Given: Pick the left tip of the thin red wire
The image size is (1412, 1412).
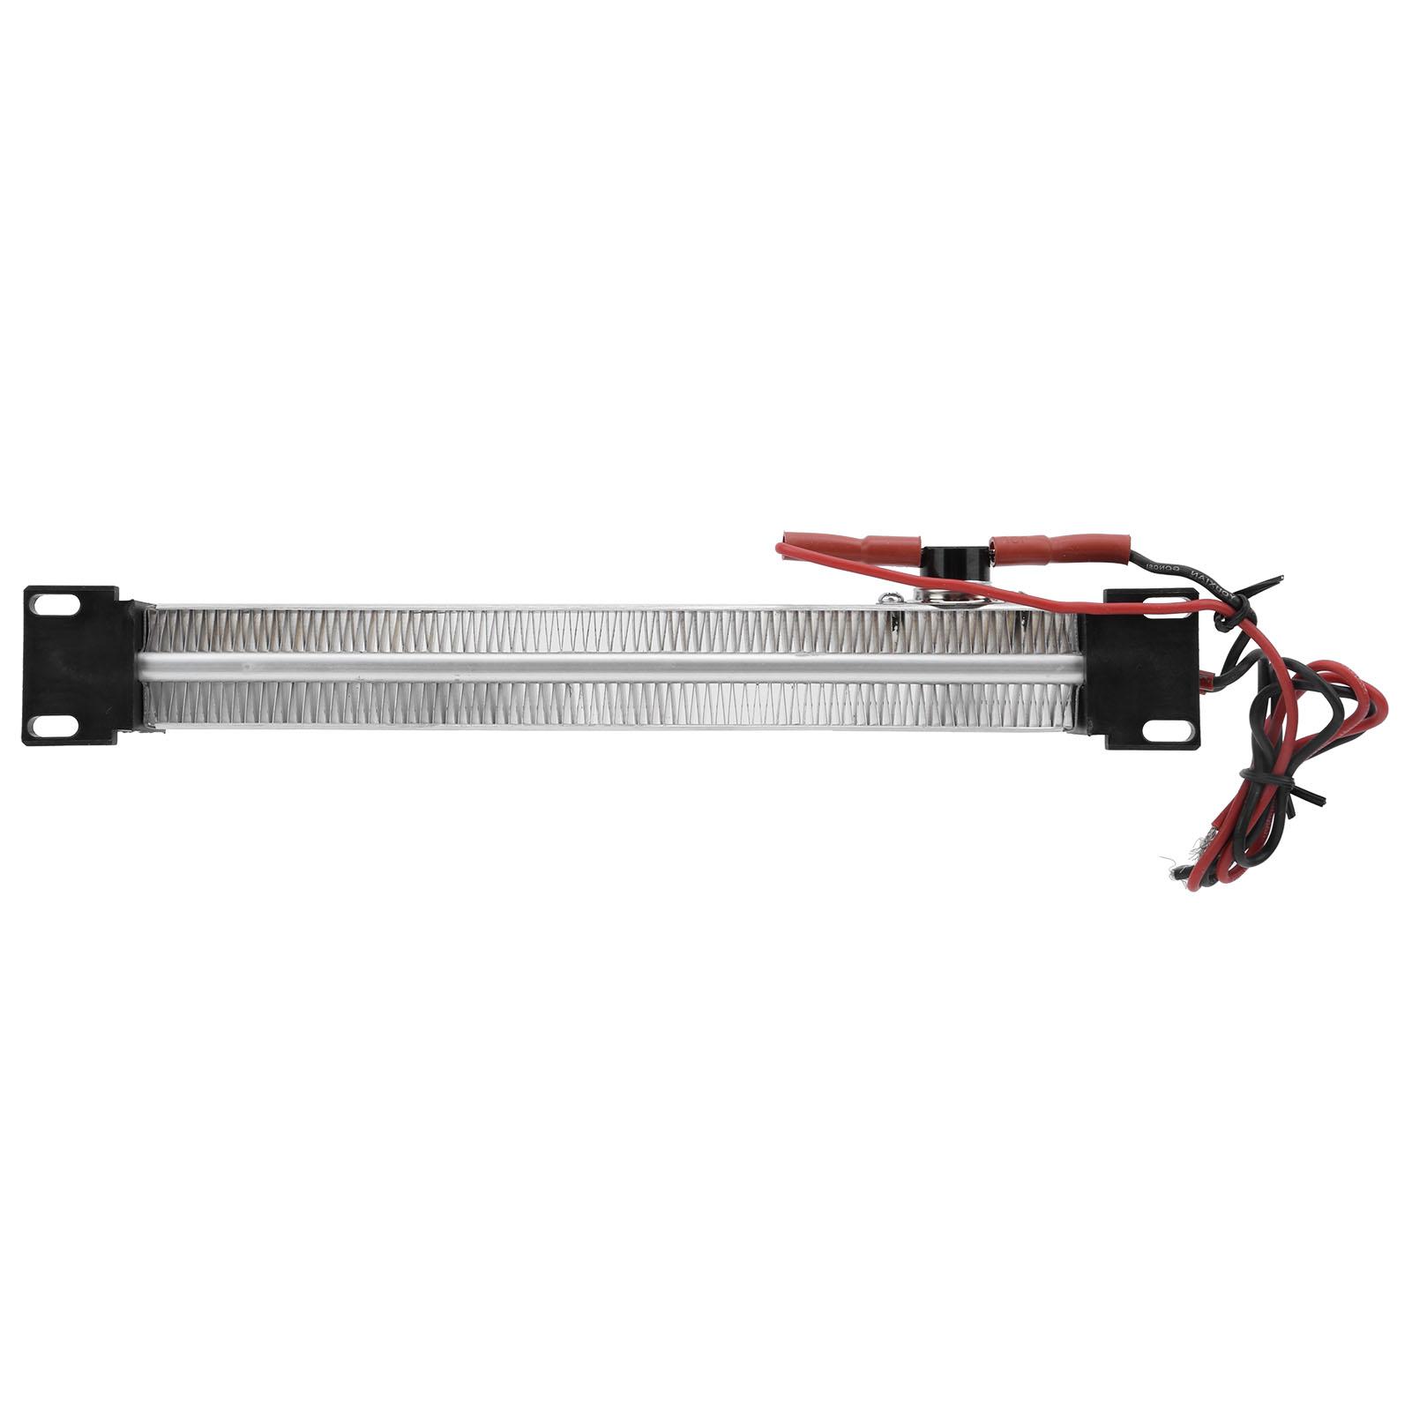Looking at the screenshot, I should pos(780,548).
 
